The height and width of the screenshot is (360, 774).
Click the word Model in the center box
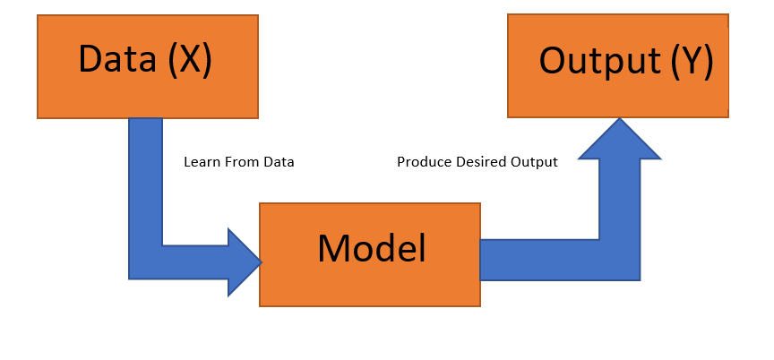(371, 249)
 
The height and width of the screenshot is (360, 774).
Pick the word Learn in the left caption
(199, 163)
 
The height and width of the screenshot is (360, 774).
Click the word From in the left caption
(236, 163)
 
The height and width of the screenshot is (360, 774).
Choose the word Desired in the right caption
(477, 163)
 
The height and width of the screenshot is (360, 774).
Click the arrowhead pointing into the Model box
(245, 261)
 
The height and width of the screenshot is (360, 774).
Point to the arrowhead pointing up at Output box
(620, 139)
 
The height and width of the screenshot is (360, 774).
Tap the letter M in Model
(333, 249)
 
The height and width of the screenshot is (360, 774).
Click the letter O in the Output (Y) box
(554, 61)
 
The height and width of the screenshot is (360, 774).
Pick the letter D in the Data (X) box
(90, 59)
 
